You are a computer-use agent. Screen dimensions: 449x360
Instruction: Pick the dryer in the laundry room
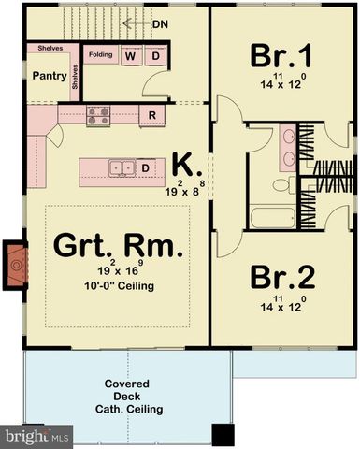tap(154, 55)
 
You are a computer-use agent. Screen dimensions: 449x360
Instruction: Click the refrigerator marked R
tap(151, 115)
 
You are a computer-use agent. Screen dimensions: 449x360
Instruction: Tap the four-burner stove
tap(99, 115)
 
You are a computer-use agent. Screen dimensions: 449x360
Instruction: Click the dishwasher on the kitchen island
tap(146, 168)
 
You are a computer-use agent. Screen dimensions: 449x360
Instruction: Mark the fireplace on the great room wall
tap(17, 265)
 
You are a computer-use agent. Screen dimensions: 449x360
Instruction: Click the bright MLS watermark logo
tap(37, 437)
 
